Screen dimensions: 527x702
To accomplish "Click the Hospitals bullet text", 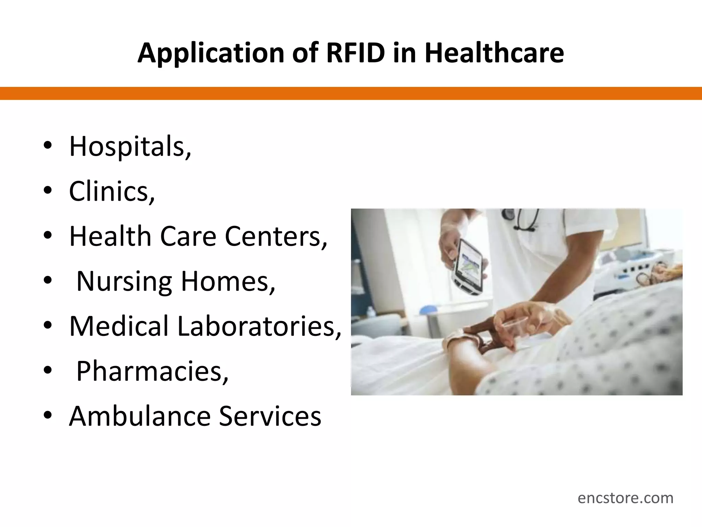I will (130, 147).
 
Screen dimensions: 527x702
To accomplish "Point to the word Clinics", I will (112, 191).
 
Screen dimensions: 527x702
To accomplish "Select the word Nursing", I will (124, 282).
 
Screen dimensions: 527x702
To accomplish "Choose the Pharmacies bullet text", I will (152, 371).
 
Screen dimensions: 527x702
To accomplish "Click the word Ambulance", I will (140, 416).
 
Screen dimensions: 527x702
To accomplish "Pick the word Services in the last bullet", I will (270, 416).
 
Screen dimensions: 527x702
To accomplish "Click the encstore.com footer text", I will (625, 498).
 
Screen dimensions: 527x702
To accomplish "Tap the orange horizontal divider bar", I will (351, 93).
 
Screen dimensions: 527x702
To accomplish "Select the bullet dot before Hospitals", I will (48, 147).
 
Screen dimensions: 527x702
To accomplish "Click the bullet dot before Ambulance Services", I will (48, 416).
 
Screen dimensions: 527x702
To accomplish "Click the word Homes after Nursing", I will (228, 282).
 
